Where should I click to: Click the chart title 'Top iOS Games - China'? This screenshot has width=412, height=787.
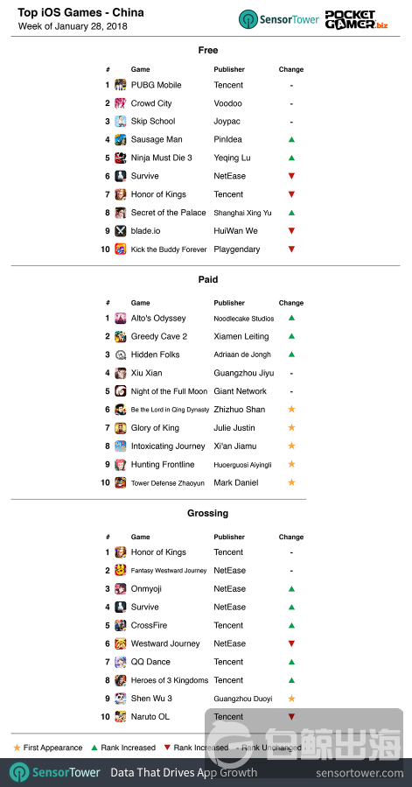(81, 13)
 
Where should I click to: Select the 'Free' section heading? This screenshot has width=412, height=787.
(207, 50)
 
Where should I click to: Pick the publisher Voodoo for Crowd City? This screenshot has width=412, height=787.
(227, 103)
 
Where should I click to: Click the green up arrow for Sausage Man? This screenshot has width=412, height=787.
(291, 140)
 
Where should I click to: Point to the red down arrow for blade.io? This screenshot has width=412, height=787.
(291, 231)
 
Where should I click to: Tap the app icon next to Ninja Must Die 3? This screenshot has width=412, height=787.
(120, 158)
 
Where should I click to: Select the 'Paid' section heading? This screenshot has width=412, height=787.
(207, 279)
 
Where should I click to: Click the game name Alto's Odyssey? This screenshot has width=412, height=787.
(158, 319)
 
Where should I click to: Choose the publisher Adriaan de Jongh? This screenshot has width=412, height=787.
(242, 355)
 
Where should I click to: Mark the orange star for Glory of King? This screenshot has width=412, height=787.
(291, 428)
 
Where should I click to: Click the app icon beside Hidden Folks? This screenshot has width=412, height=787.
(120, 355)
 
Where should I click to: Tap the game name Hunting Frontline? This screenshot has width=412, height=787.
(163, 464)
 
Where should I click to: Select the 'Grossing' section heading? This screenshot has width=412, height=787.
(207, 513)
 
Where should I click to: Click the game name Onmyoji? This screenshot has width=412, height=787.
(148, 589)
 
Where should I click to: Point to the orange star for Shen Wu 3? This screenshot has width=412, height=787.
(291, 699)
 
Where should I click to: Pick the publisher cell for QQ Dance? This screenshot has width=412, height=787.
(228, 662)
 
